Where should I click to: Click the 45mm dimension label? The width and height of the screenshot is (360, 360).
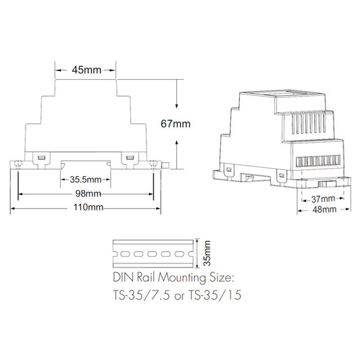[86, 70]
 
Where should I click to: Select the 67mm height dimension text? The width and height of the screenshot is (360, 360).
[176, 124]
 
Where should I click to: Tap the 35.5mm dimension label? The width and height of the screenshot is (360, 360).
[86, 180]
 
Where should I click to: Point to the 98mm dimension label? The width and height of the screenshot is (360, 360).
[88, 194]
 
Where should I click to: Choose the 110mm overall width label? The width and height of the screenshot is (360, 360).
[88, 207]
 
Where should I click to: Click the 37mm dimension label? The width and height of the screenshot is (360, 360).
[323, 199]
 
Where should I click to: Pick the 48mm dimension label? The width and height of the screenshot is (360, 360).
[324, 209]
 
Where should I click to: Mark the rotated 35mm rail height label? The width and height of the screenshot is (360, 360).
[207, 253]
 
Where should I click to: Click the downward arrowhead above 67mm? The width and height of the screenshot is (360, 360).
[176, 105]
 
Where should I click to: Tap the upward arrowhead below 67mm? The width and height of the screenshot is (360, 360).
[176, 143]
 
